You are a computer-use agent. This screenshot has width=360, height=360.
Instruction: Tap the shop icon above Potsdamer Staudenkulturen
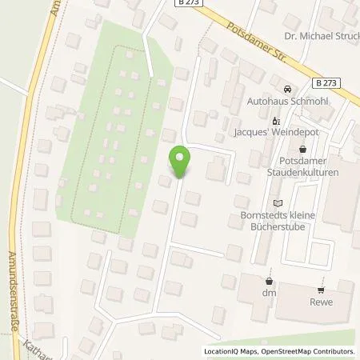(x=302, y=149)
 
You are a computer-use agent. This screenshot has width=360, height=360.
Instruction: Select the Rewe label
(x=321, y=302)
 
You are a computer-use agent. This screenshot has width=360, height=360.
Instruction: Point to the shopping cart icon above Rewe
(x=321, y=290)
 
